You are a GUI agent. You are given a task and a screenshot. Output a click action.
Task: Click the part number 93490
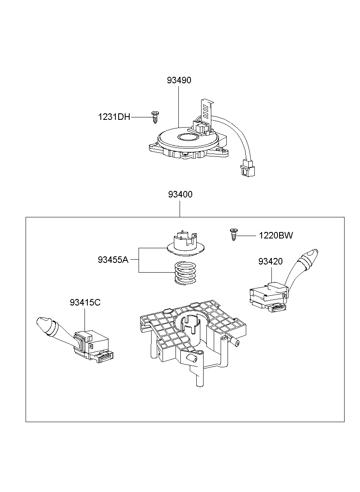179,80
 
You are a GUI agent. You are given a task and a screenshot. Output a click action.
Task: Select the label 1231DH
114,117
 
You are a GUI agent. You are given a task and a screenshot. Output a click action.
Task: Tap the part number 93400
180,195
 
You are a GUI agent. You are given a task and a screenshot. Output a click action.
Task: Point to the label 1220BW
276,235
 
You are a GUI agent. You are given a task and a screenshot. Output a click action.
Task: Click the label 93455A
113,259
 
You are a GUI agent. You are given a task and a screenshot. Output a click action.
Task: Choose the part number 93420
270,261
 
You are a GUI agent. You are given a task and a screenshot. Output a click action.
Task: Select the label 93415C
85,302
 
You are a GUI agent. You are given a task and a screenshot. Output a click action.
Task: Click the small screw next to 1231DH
154,117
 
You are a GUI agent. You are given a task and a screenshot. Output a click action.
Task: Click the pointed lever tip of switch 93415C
43,323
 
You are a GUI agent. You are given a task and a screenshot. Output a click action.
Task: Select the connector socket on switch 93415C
105,357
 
